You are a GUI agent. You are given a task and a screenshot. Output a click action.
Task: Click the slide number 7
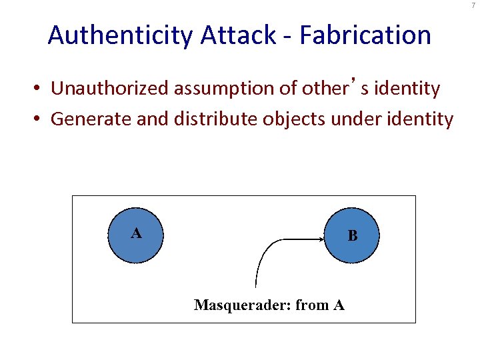473,5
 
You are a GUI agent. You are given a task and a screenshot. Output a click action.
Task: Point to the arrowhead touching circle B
323,237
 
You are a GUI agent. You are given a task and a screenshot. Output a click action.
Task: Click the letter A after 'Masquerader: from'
339,305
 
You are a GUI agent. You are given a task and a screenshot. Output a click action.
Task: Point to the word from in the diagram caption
312,305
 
